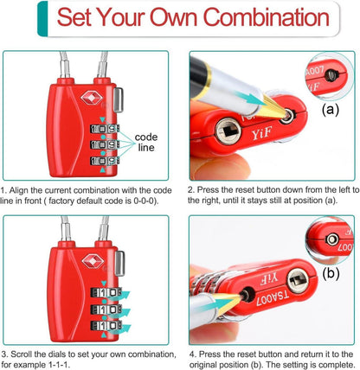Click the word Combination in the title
coord(267,17)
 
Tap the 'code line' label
coord(146,142)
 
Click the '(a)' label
coord(331,110)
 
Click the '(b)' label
coord(331,273)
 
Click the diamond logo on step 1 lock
coord(92,98)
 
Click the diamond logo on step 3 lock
coord(93,262)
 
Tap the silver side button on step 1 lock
coord(118,99)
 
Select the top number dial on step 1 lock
coord(105,129)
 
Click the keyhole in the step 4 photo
coord(298,280)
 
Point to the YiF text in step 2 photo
coord(261,134)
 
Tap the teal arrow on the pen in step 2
coord(250,99)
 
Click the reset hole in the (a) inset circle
coord(331,75)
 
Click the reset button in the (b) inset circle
coord(332,239)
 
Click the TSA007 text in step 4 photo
coord(272,298)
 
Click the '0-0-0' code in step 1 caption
coord(145,201)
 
